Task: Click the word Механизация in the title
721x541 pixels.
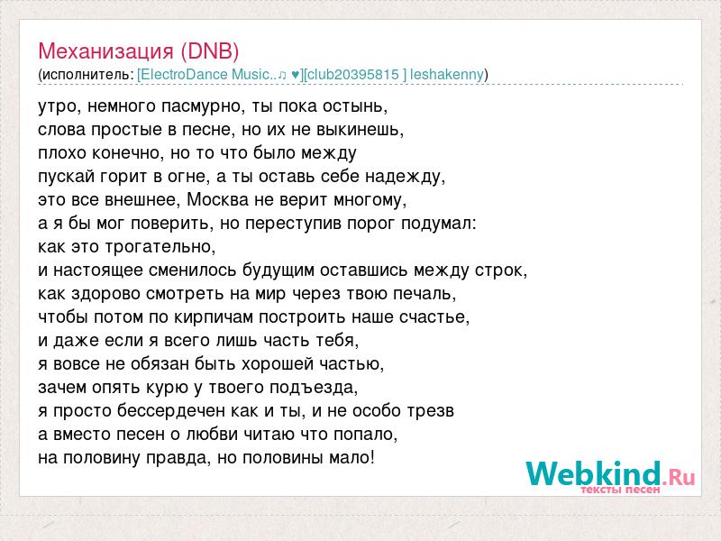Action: point(105,51)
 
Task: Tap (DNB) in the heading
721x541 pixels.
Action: point(210,51)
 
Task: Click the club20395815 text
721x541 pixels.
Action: point(353,75)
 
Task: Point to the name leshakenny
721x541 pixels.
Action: point(446,75)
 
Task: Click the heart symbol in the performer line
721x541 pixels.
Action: point(296,75)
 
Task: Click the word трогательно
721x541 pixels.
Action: point(160,247)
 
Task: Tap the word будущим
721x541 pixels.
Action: point(278,270)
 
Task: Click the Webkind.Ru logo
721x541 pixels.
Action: point(610,474)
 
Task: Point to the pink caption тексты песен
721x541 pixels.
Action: point(620,490)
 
